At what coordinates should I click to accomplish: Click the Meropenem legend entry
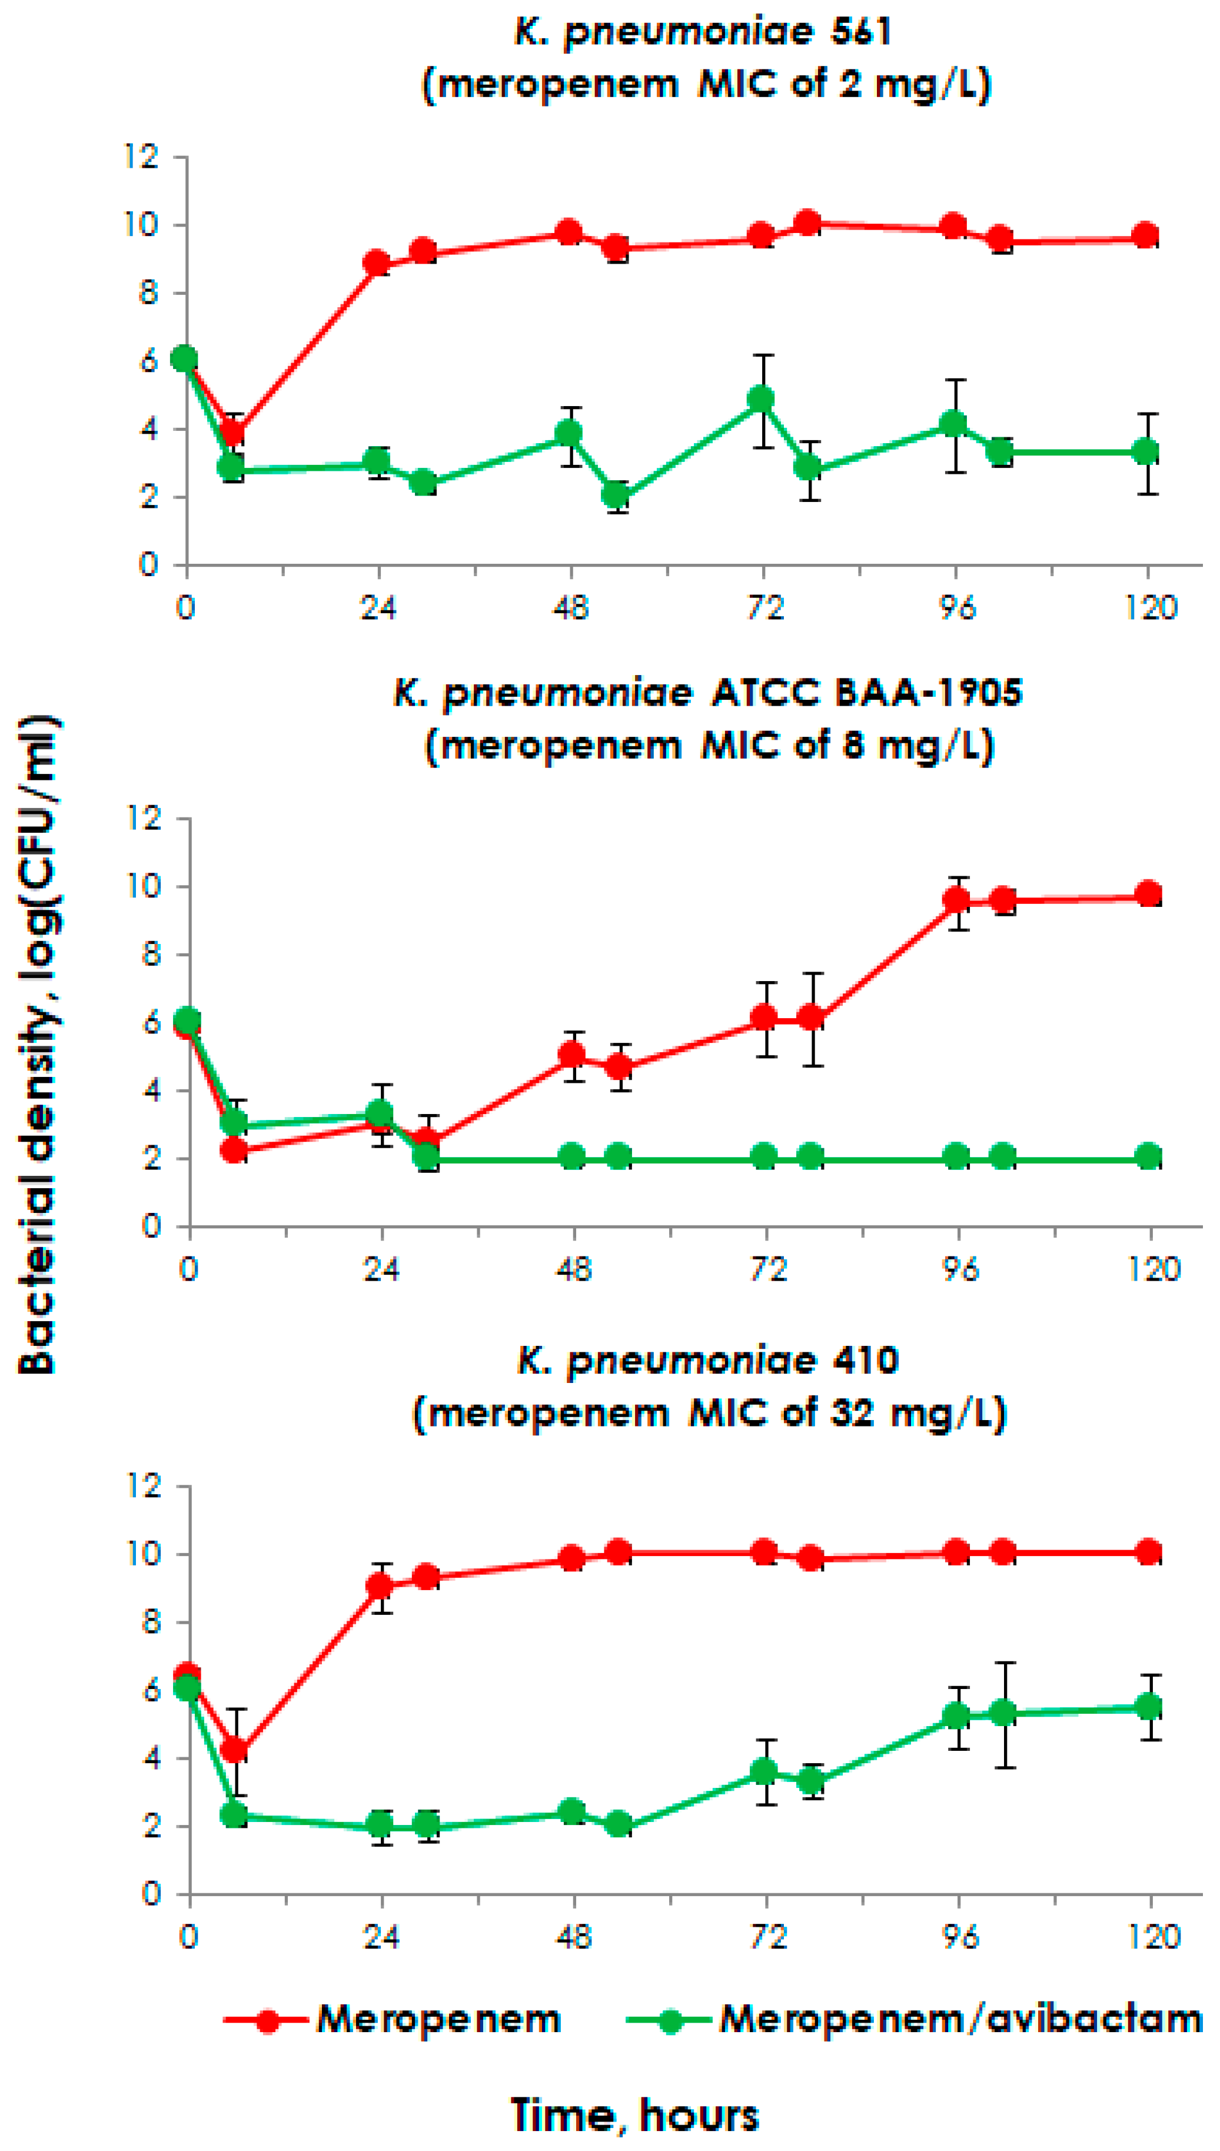[x=437, y=2020]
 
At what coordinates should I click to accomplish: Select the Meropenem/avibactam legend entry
[x=959, y=2020]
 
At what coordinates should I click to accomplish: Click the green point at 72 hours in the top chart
[x=762, y=400]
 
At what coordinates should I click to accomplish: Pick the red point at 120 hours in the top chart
[x=1146, y=235]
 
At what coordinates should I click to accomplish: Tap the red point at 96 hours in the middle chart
[x=957, y=900]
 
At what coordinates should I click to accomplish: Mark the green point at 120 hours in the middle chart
[x=1149, y=1157]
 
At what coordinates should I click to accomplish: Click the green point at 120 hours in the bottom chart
[x=1149, y=1706]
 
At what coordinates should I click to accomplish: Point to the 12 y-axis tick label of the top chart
[x=141, y=157]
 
